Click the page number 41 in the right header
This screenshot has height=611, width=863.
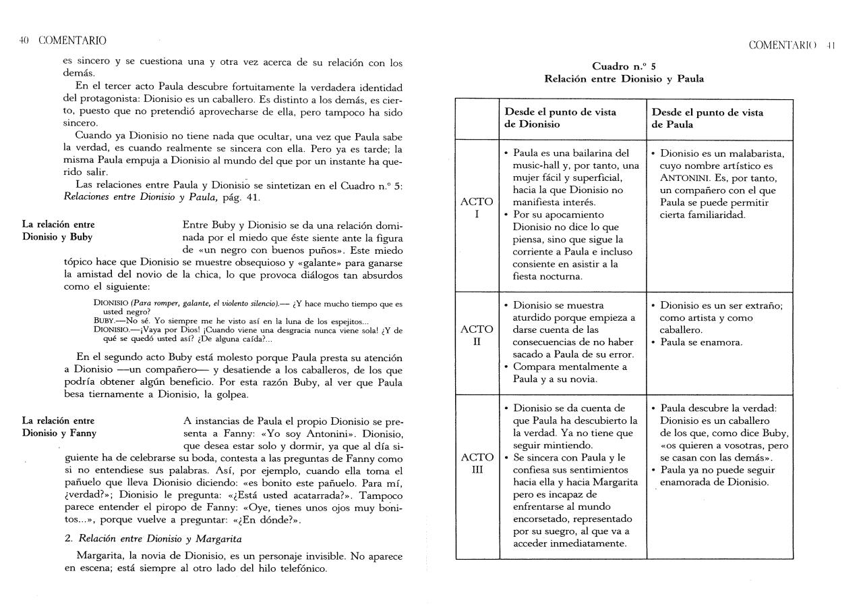point(831,45)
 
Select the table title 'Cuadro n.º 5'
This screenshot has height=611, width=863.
point(624,66)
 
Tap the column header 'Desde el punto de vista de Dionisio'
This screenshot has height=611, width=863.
point(560,119)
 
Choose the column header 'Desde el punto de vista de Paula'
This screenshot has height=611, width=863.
point(707,119)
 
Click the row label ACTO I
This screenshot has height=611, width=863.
point(477,208)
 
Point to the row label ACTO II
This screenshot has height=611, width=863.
point(477,336)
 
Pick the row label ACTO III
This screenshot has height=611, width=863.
point(477,463)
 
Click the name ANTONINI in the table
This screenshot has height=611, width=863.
point(684,178)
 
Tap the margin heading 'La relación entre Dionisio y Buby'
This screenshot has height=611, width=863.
point(58,230)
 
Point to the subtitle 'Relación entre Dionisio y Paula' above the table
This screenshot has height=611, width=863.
point(624,79)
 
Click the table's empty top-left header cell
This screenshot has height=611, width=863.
point(477,119)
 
